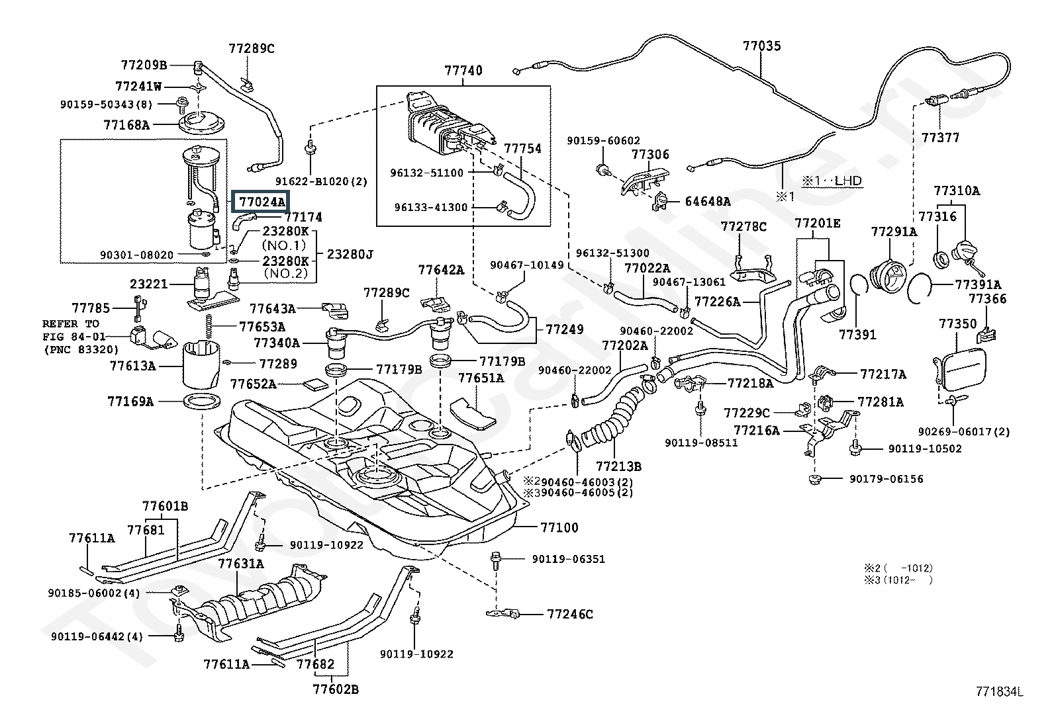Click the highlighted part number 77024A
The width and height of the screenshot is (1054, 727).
(262, 202)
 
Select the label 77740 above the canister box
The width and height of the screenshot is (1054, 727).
(463, 71)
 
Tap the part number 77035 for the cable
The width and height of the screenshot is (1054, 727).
(762, 46)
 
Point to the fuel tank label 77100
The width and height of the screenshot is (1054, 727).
(559, 528)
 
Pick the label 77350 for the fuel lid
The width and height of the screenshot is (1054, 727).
(958, 323)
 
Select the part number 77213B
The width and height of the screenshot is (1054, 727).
(619, 466)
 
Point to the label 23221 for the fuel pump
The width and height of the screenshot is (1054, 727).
(149, 284)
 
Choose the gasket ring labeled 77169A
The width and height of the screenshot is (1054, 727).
(201, 402)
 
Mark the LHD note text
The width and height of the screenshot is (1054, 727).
(832, 181)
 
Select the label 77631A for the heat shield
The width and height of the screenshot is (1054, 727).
(241, 564)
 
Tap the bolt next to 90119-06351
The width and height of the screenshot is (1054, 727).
(495, 560)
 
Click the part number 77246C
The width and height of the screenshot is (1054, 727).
(570, 614)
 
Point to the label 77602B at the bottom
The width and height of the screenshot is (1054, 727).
(336, 689)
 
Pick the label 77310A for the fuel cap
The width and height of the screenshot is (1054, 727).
(957, 191)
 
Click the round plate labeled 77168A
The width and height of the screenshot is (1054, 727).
(201, 122)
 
